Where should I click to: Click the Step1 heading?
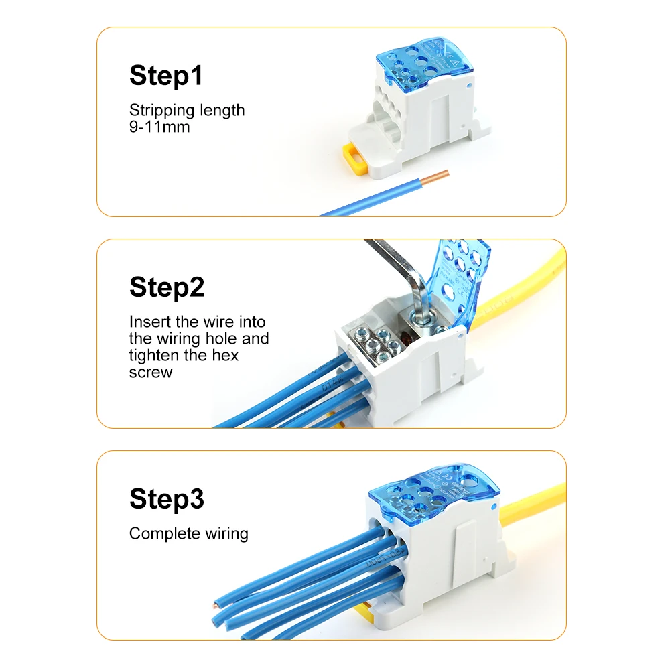tap(166, 76)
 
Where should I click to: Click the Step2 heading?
tap(167, 287)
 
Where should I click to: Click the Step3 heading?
tap(167, 499)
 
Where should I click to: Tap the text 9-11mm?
tap(159, 126)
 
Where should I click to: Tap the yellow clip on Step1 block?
tap(355, 158)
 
